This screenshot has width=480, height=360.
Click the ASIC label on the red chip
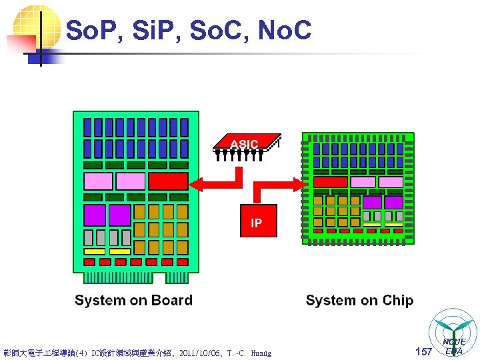coord(244,144)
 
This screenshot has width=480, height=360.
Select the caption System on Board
coord(133,300)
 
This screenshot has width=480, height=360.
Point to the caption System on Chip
coord(359,300)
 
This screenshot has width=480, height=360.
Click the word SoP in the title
coord(91,30)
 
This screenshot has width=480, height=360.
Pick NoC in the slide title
coord(283,30)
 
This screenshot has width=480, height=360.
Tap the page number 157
coord(423,351)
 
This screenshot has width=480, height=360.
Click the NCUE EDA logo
coord(455,334)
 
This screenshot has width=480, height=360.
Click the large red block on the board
coord(168,181)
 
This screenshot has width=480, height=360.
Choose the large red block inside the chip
coord(330,182)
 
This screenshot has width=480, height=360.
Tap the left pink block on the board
coord(98,181)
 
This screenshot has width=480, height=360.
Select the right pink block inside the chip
coord(390,182)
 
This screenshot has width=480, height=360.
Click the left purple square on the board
coord(95,215)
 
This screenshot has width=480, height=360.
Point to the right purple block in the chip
coord(394,202)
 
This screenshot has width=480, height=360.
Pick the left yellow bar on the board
coord(94,251)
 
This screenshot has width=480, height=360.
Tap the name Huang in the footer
coord(261,353)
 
